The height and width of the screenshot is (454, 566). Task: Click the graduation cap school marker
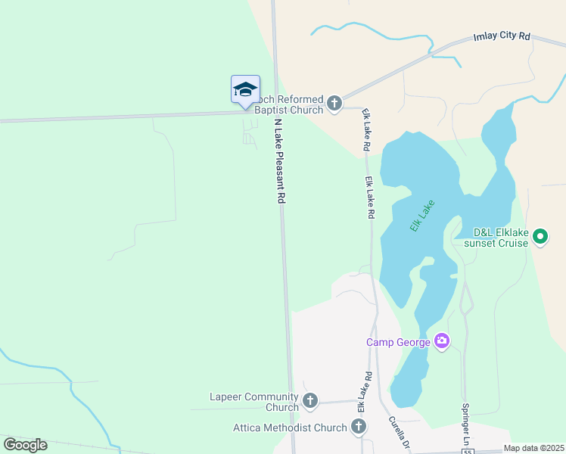click(245, 89)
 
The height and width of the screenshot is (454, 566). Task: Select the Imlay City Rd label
click(502, 36)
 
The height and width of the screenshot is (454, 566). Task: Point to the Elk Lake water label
click(423, 216)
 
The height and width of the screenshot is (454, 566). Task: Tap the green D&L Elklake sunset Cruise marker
click(540, 238)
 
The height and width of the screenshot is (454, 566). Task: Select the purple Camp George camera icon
click(442, 342)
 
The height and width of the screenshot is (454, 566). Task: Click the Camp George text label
click(399, 342)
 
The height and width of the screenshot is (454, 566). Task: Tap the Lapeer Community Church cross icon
click(309, 401)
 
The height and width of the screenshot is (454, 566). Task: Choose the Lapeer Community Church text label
click(253, 402)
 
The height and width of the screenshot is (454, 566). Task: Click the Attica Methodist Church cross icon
click(359, 428)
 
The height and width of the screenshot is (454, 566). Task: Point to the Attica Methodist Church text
click(290, 428)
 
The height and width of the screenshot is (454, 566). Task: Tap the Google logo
click(26, 444)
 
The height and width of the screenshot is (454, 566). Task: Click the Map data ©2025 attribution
click(533, 448)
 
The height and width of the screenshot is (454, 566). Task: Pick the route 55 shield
click(468, 451)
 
